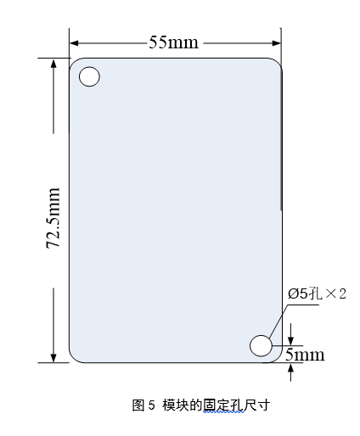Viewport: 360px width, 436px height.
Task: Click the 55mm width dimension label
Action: point(173,42)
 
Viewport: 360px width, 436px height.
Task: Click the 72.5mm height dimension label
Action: point(53,218)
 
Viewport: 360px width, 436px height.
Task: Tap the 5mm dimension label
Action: point(305,355)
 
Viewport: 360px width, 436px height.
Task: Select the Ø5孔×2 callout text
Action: point(317,293)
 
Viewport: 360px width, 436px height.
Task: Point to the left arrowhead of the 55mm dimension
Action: point(74,43)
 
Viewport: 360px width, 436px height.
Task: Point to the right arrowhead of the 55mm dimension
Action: point(276,43)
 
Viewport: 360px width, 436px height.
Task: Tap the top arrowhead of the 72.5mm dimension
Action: point(53,64)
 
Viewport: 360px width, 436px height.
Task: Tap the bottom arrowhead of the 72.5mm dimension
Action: point(53,358)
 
